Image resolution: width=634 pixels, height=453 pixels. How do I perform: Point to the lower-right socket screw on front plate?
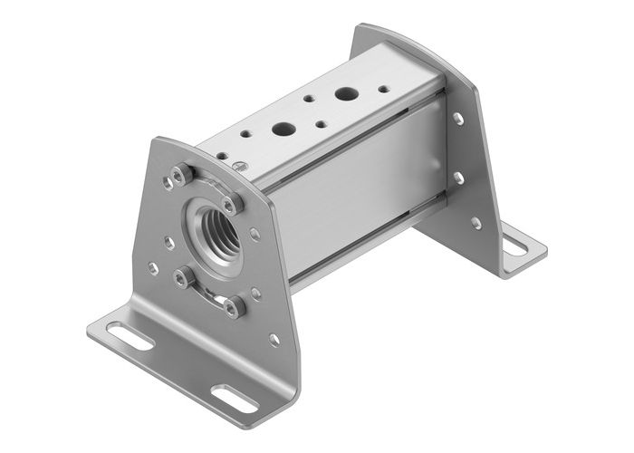click(x=235, y=308)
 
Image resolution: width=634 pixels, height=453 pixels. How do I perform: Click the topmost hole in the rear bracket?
click(x=459, y=119)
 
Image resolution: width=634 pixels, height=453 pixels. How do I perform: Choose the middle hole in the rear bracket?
click(x=458, y=178)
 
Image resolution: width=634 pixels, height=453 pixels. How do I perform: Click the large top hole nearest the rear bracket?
click(x=345, y=92)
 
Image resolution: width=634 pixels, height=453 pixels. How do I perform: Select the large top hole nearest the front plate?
click(x=283, y=129)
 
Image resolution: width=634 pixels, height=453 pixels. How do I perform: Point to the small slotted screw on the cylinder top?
click(x=241, y=165)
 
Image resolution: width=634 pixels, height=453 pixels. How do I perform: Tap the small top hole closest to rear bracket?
click(x=382, y=89)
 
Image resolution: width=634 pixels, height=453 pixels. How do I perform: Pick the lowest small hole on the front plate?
click(x=274, y=341)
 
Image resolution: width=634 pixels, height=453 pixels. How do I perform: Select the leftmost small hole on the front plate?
click(x=153, y=268)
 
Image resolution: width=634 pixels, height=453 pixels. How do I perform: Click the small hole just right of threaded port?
click(x=255, y=234)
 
